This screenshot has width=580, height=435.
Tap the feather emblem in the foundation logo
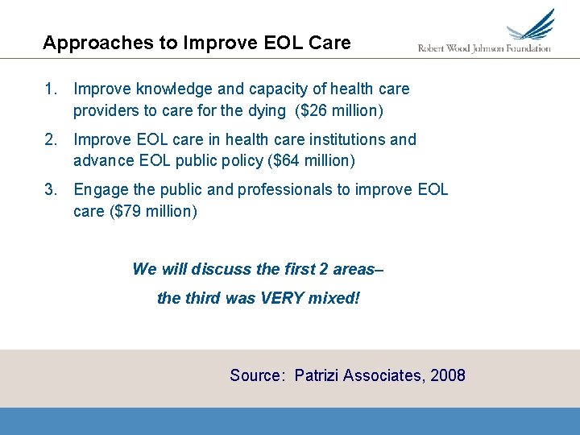tap(532, 26)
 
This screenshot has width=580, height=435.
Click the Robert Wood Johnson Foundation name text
tap(484, 48)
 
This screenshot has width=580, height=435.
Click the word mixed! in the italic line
tap(334, 299)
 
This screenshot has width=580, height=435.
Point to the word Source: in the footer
tap(258, 375)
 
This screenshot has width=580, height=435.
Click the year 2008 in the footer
tap(447, 375)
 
